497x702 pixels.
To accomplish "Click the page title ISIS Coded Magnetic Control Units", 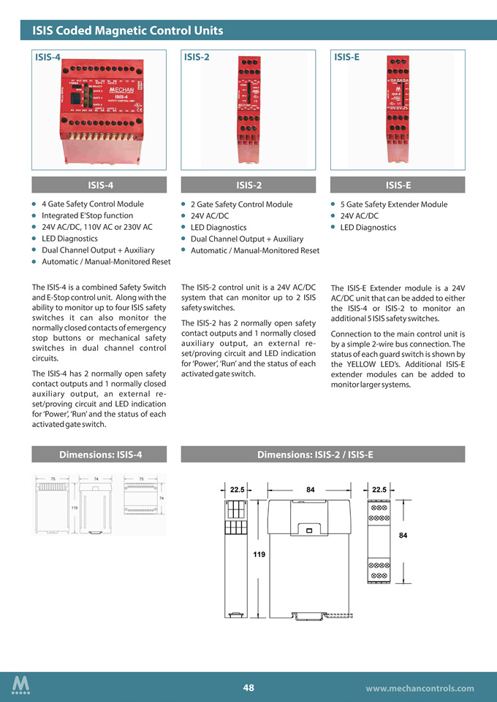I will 127,31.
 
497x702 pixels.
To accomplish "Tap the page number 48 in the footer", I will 248,687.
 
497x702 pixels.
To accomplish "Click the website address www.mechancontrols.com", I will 420,688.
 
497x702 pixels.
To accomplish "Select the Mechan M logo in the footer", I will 21,685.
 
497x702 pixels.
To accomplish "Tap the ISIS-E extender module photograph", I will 398,107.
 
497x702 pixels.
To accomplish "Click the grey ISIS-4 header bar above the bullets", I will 99,185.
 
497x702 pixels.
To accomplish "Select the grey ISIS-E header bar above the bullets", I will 398,185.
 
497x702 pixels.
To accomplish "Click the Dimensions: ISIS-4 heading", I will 99,455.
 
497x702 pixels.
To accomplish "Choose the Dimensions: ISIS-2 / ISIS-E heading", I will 315,455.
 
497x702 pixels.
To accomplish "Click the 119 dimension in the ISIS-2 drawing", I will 259,555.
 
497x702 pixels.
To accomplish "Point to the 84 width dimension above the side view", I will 311,489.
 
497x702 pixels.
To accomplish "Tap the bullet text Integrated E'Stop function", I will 87,216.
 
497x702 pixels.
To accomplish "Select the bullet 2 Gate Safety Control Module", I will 241,204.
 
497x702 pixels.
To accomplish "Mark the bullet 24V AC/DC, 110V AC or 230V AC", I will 96,227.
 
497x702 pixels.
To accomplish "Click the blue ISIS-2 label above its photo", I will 197,56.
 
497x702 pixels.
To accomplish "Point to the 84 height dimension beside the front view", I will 403,536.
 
